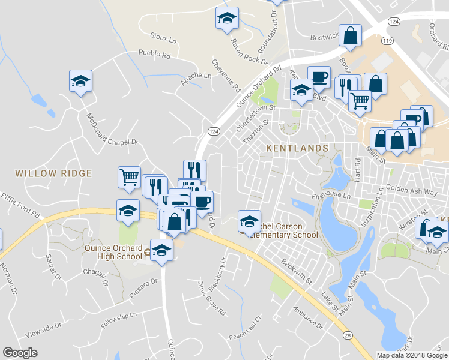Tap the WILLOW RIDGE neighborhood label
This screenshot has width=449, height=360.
tap(53, 173)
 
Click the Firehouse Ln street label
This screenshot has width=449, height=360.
tap(330, 196)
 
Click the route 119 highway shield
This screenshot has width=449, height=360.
tap(387, 41)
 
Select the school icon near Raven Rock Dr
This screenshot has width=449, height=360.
tap(227, 19)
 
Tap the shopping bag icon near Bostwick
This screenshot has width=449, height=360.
tap(350, 36)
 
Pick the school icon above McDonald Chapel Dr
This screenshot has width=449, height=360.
tap(80, 82)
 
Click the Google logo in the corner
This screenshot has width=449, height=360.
tap(20, 353)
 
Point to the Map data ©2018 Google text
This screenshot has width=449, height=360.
tap(411, 355)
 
